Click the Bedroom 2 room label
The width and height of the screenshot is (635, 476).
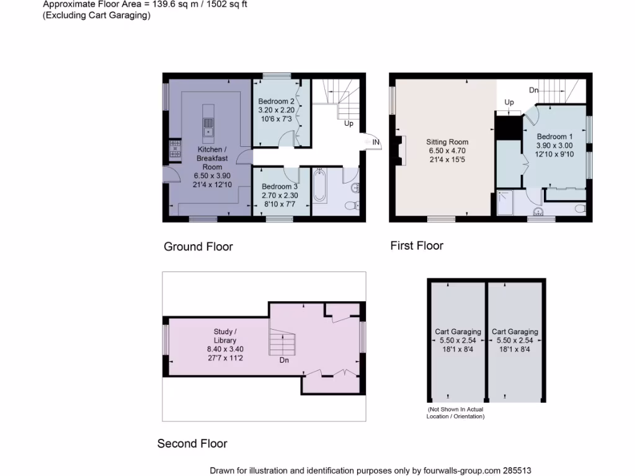pyautogui.click(x=277, y=101)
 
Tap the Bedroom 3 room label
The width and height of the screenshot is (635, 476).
pyautogui.click(x=279, y=187)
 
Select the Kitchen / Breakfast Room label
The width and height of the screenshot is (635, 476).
pyautogui.click(x=212, y=158)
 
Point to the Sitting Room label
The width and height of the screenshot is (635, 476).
pyautogui.click(x=446, y=141)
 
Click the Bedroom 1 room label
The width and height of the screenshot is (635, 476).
pyautogui.click(x=554, y=136)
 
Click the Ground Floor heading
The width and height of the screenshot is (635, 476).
pyautogui.click(x=198, y=247)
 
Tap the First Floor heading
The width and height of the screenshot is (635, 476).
pyautogui.click(x=416, y=245)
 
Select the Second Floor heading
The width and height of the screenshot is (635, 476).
pyautogui.click(x=192, y=443)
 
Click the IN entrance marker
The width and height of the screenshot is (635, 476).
pyautogui.click(x=375, y=143)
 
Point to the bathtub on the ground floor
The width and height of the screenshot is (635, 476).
pyautogui.click(x=320, y=187)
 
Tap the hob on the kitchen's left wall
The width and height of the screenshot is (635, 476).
pyautogui.click(x=174, y=148)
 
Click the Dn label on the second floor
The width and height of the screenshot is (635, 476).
pyautogui.click(x=283, y=360)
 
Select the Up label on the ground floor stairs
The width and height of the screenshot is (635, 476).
pyautogui.click(x=349, y=123)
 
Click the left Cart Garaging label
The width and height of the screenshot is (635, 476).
pyautogui.click(x=458, y=332)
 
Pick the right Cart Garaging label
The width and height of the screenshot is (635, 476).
pyautogui.click(x=515, y=332)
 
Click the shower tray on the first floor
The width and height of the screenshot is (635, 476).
pyautogui.click(x=507, y=203)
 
